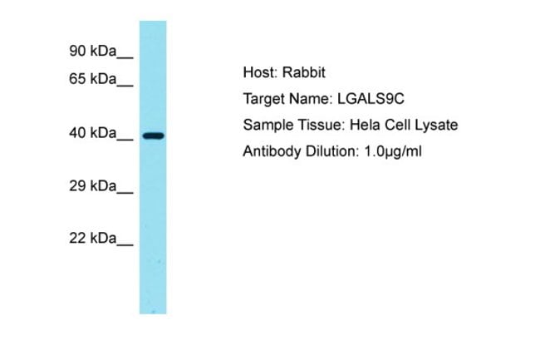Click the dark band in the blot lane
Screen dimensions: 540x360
point(153,136)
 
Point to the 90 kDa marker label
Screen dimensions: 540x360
point(93,51)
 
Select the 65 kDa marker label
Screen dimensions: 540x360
point(93,79)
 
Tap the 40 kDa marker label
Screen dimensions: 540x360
point(93,133)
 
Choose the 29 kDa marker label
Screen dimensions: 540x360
point(93,186)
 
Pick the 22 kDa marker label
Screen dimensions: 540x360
point(93,238)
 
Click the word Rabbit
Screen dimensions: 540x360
point(303,72)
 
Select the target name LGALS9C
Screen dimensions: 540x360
point(371,99)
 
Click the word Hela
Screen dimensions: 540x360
point(365,125)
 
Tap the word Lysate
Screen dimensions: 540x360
point(436,125)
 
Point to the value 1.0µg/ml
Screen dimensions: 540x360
point(393,151)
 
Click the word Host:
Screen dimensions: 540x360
point(260,72)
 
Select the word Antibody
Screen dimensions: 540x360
point(272,151)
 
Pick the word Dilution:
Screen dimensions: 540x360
point(332,151)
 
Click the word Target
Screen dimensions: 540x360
point(264,99)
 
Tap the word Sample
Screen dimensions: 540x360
point(268,125)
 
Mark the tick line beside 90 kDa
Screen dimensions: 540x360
point(125,57)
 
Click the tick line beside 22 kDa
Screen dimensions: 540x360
point(125,245)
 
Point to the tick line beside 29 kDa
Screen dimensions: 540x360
point(125,193)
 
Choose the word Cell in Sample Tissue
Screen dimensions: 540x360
point(397,125)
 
